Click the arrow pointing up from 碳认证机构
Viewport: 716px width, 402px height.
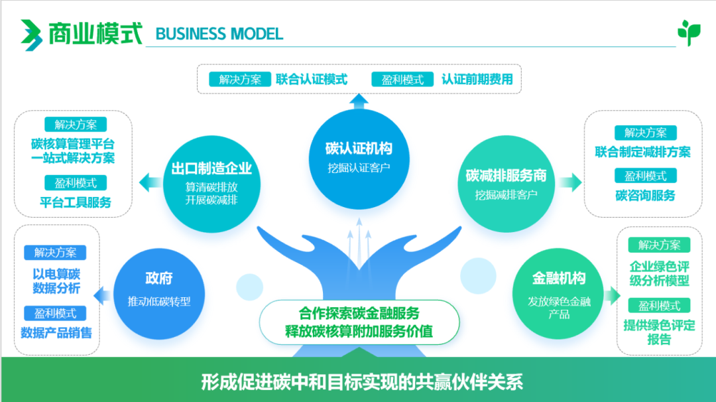(x=359, y=101)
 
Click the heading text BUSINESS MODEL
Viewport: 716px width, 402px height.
(x=219, y=33)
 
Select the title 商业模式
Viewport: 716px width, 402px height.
(x=95, y=33)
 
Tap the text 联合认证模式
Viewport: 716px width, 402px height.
(x=312, y=80)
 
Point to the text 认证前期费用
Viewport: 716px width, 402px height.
(x=477, y=80)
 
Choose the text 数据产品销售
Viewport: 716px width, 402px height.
(x=56, y=332)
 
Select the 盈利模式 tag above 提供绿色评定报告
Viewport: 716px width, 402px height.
(x=659, y=306)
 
